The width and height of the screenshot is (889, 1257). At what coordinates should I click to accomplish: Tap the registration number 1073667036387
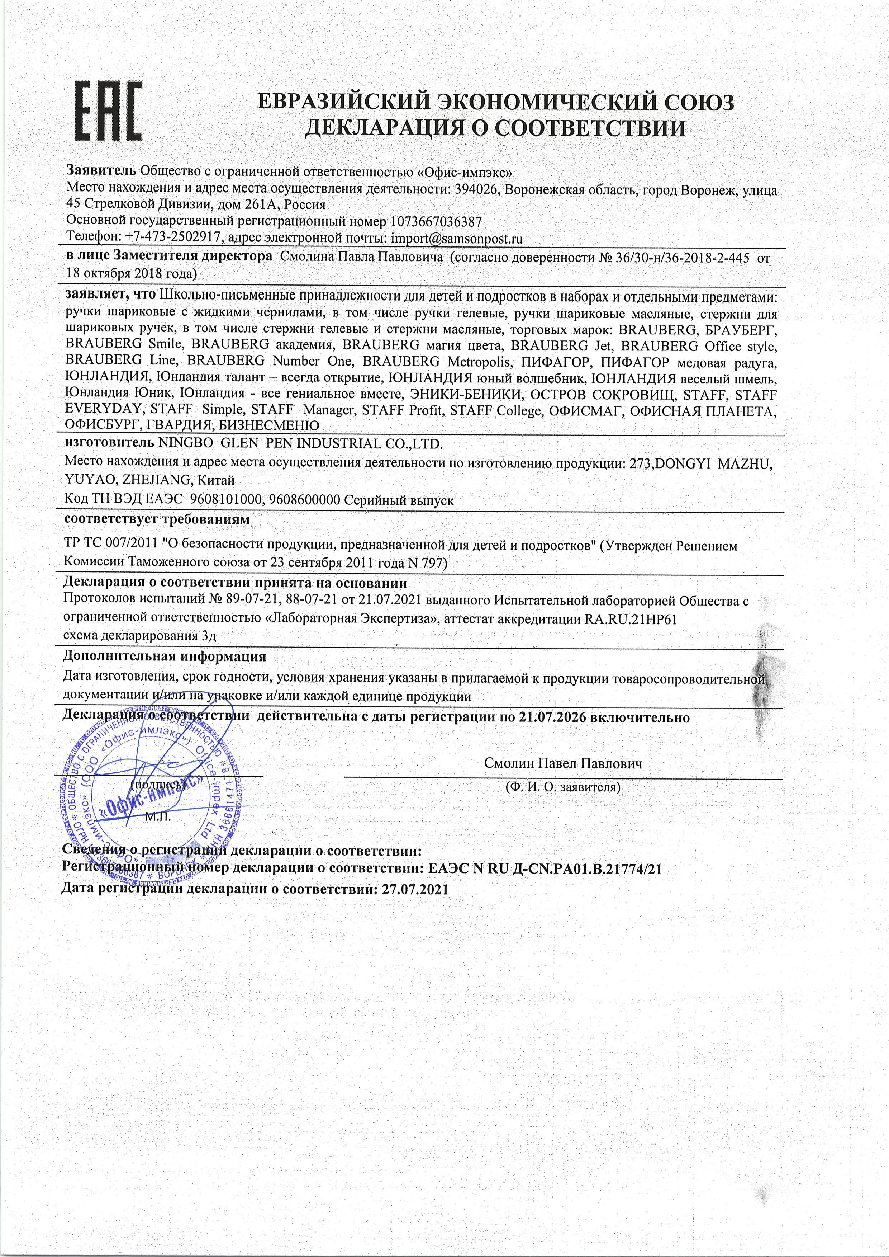click(x=436, y=222)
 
